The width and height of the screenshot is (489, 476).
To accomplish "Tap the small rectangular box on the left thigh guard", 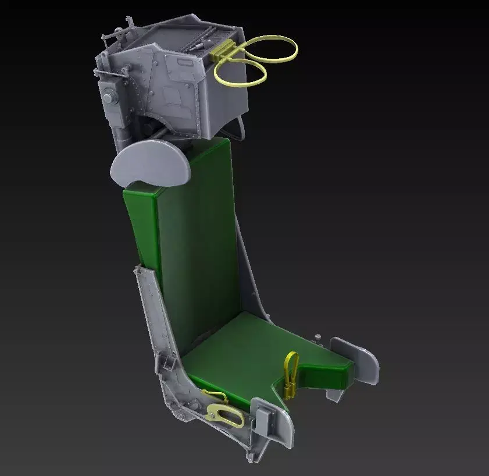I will pos(263,418).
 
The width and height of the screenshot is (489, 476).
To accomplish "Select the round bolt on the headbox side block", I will pos(108,94).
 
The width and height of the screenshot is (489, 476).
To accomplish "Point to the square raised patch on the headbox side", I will pos(173,94).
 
